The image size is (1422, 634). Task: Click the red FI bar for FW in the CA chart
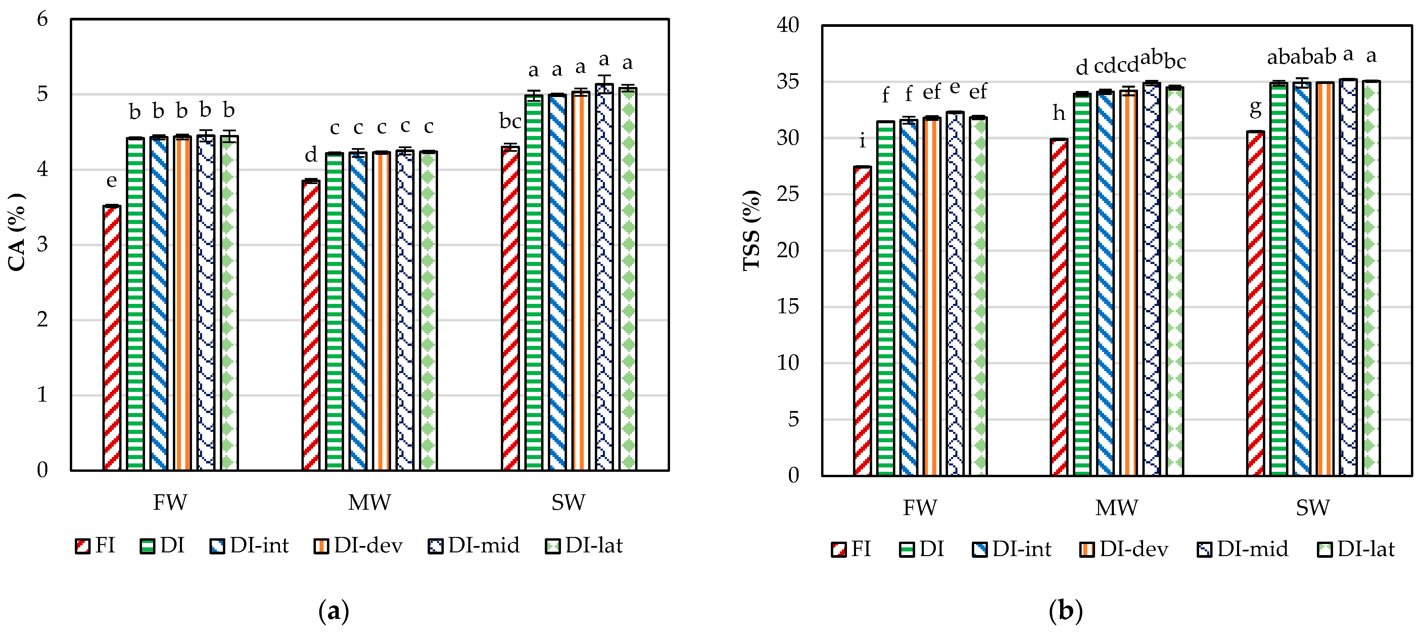click(111, 338)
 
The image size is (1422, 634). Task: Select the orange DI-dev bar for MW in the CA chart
click(381, 311)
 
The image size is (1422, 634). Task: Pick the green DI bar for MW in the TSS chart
click(1082, 284)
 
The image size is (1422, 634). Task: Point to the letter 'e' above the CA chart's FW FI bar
click(111, 181)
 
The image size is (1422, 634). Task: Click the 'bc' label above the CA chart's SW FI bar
click(510, 121)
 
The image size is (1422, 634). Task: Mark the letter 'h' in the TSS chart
click(1058, 113)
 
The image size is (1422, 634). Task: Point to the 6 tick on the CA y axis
click(43, 19)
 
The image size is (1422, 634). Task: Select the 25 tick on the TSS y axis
click(788, 194)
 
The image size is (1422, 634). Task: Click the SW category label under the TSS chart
click(1313, 507)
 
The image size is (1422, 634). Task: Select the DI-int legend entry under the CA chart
click(249, 546)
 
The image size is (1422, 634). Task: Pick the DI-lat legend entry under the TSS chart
click(1356, 549)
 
